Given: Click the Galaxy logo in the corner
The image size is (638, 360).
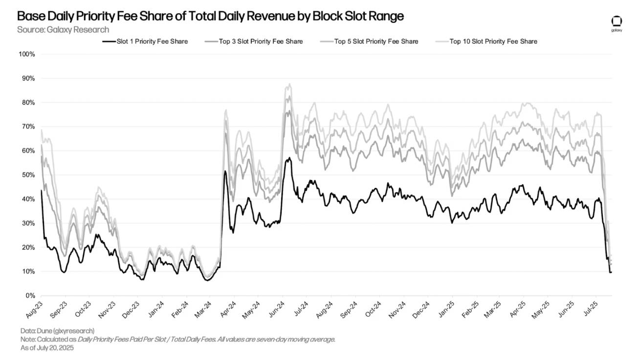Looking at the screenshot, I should click(x=616, y=22).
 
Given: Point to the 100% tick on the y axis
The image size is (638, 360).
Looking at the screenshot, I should click(x=26, y=54).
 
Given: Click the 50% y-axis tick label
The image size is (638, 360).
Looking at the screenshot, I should click(x=28, y=175).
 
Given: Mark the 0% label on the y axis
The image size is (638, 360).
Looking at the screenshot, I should click(x=30, y=296).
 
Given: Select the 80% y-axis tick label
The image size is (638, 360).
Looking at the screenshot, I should click(x=28, y=102).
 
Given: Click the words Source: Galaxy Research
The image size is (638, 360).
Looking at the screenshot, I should click(x=63, y=30).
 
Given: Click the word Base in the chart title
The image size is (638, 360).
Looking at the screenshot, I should click(x=31, y=16).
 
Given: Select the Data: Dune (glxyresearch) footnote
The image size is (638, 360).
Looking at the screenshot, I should click(x=57, y=331).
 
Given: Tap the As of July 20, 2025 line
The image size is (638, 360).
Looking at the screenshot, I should click(x=47, y=348).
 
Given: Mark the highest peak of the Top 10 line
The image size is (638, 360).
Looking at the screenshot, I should click(x=290, y=84).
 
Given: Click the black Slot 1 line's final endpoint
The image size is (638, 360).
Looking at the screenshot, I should click(x=611, y=272).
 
